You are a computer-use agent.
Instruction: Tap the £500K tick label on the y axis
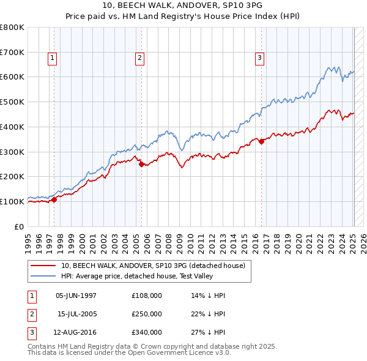[x=12, y=102]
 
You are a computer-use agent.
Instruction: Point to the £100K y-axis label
[x=12, y=201]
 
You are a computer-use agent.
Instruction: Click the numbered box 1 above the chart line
[x=53, y=58]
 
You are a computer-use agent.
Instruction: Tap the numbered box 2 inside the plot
[x=140, y=58]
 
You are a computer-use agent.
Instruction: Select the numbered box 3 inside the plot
[x=260, y=58]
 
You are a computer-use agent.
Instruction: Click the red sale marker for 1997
[x=54, y=199]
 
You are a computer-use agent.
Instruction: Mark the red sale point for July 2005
[x=141, y=164]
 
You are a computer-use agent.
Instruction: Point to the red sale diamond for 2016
[x=261, y=141]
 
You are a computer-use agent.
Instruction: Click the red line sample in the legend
[x=43, y=266]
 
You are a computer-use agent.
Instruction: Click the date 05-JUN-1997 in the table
[x=76, y=296]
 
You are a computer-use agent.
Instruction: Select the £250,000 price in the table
[x=147, y=314]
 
